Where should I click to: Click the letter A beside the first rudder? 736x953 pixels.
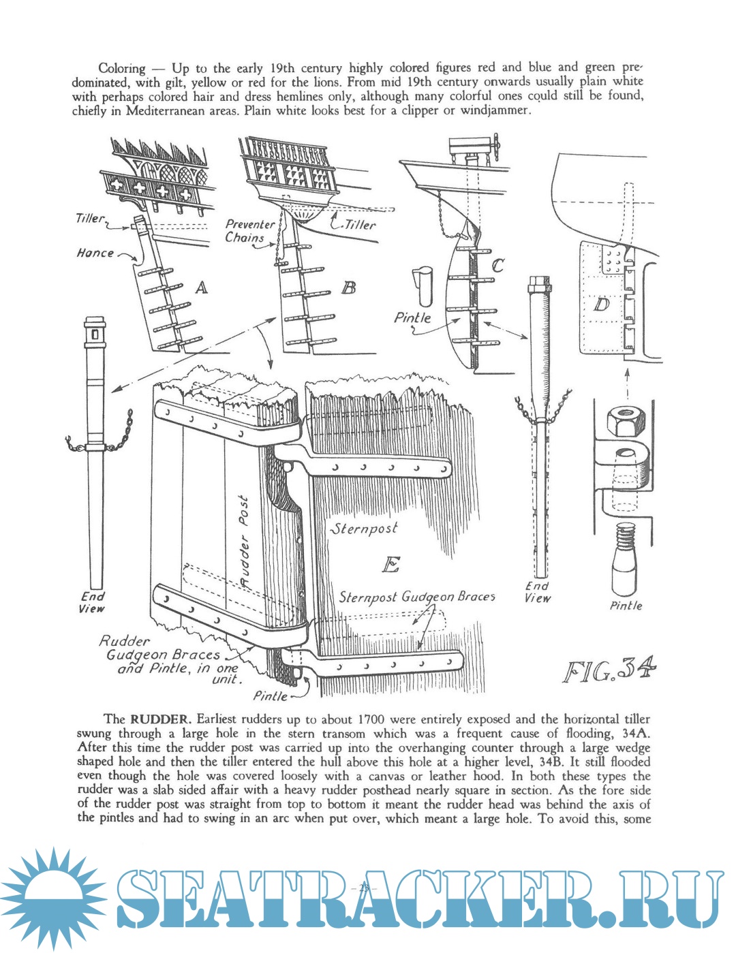[201, 287]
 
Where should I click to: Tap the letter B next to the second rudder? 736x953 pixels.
[349, 287]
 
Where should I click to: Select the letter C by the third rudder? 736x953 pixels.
[497, 266]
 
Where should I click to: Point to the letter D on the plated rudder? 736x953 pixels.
[601, 304]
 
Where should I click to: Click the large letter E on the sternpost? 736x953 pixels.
[390, 564]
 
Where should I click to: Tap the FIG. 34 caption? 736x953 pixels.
[610, 670]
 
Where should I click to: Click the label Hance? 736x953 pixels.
[95, 253]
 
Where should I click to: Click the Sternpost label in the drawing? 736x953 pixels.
[365, 529]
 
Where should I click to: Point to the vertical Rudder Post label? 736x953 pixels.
[244, 542]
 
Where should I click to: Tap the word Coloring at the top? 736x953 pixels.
[121, 68]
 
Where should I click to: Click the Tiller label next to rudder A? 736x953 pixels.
[90, 218]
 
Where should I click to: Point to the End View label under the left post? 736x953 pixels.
[93, 602]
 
